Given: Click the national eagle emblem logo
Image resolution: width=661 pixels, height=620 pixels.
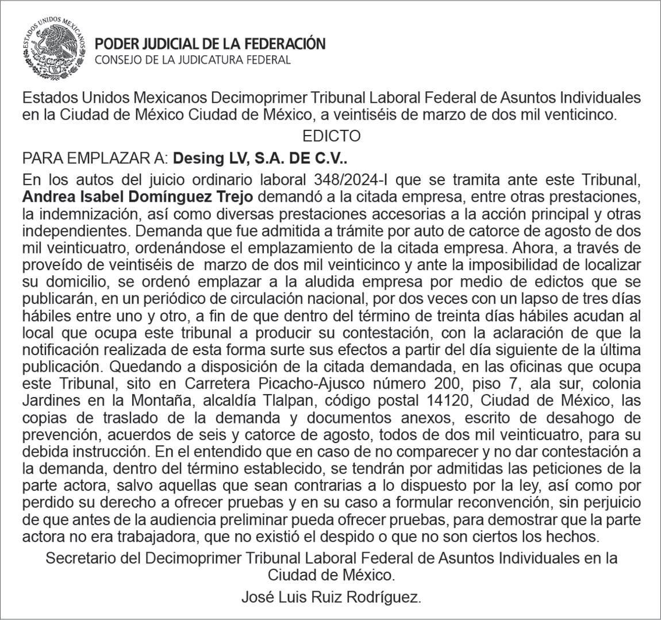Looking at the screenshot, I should pyautogui.click(x=53, y=48).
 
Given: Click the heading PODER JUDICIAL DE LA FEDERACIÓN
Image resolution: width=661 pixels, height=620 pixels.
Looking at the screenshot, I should pyautogui.click(x=210, y=44).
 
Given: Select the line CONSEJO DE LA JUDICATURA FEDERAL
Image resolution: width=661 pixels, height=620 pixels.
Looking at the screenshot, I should pyautogui.click(x=193, y=60).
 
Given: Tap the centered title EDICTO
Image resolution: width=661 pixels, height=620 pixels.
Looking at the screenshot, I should pyautogui.click(x=331, y=136).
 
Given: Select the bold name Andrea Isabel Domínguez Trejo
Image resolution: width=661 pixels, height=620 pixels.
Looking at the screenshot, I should pyautogui.click(x=137, y=197).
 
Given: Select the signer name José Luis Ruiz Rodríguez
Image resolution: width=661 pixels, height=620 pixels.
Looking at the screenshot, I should pyautogui.click(x=331, y=598).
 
